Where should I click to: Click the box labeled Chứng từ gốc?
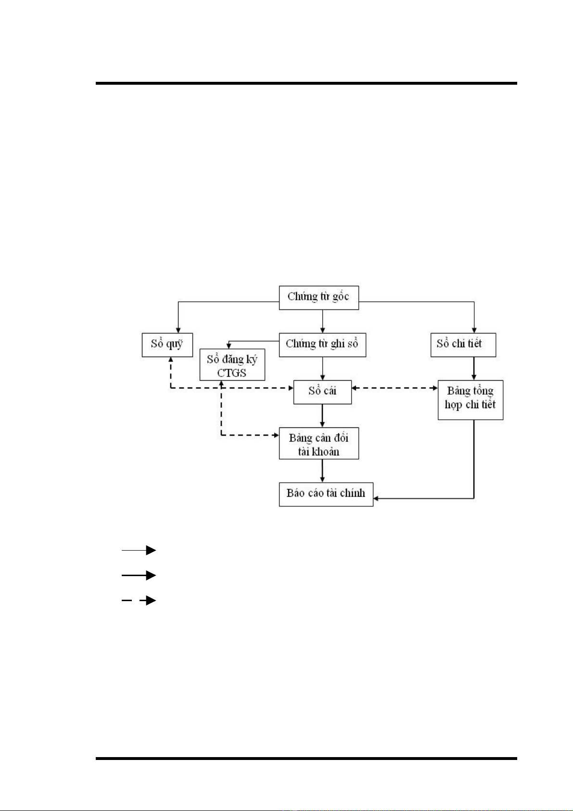[319, 297]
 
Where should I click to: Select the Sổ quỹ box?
[167, 345]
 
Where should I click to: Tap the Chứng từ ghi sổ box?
[322, 345]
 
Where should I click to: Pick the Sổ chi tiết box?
[463, 345]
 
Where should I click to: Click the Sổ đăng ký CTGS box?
[232, 365]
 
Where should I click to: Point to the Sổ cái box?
[322, 391]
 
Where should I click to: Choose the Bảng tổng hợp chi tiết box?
[470, 399]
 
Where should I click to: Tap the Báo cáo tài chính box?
[326, 494]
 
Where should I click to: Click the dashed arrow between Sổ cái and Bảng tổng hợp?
[395, 387]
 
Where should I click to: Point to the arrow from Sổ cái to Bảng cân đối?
[322, 415]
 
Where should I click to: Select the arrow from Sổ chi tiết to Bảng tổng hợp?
[474, 368]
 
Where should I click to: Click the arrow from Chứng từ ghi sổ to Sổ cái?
[322, 369]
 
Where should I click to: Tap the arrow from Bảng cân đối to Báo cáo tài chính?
[322, 470]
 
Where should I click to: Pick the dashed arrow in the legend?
[139, 600]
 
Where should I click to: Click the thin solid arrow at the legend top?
[139, 550]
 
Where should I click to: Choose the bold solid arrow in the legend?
[139, 575]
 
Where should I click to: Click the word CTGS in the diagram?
[231, 373]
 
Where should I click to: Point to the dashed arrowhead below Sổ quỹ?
[170, 360]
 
